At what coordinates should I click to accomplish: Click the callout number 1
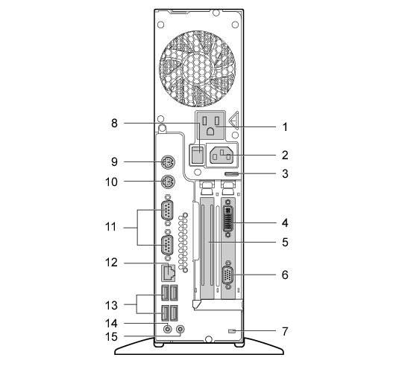pyautogui.click(x=285, y=127)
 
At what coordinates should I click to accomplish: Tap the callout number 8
pyautogui.click(x=115, y=124)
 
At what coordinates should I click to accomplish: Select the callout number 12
pyautogui.click(x=111, y=263)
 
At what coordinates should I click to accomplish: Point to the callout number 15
pyautogui.click(x=111, y=337)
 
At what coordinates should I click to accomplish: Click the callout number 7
pyautogui.click(x=285, y=331)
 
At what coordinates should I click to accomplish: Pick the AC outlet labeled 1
pyautogui.click(x=210, y=125)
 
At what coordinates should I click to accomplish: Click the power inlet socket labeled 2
pyautogui.click(x=221, y=155)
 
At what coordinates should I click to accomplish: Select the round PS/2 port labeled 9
pyautogui.click(x=169, y=161)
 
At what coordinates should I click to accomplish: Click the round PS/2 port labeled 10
pyautogui.click(x=169, y=182)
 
